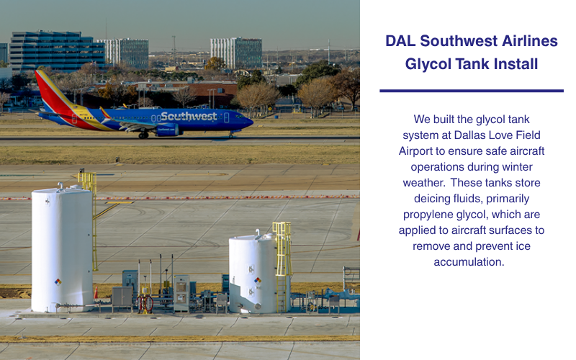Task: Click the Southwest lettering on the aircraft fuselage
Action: coord(189,116)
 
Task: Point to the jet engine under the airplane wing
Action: coord(167,130)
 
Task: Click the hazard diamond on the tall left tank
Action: coord(58,282)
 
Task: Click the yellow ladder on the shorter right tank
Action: coord(282,259)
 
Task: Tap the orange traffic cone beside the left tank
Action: coord(96,292)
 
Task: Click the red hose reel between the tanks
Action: coord(147,303)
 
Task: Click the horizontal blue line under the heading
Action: coord(471,91)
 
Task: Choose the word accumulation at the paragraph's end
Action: coord(469,262)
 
